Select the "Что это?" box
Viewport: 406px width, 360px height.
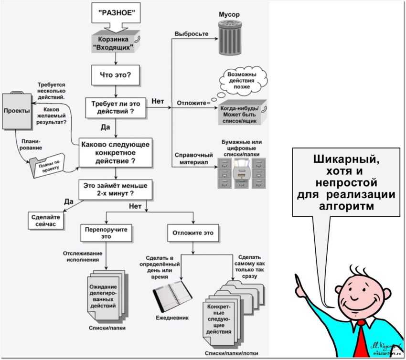tap(116, 75)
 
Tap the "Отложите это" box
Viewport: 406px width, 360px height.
tap(193, 233)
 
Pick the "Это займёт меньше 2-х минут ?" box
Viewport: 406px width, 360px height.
tap(116, 189)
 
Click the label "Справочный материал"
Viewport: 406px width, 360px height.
tap(193, 159)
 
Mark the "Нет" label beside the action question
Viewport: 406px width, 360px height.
tap(158, 101)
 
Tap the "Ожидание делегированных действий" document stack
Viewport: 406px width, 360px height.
tap(103, 295)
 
